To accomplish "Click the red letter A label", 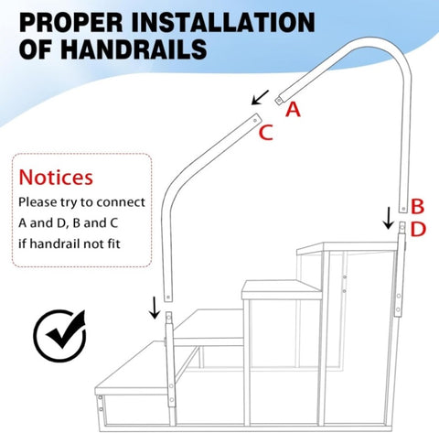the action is coord(293,110).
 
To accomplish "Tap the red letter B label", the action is coord(417,206).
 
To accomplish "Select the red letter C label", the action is coord(265,133).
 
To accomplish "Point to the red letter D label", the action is coord(418,230).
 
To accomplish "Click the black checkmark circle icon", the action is coord(59,336).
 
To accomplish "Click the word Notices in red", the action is coord(56,178).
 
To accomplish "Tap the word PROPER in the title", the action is coord(71,22).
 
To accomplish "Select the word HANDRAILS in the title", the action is coord(134,49).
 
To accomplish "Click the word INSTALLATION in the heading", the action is coord(223,22).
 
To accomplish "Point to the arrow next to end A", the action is coord(260,97).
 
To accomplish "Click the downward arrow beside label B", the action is coord(389,218).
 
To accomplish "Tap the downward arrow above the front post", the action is coord(155,308).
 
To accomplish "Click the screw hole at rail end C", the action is coord(255,121).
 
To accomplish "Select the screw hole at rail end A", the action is coord(279,100).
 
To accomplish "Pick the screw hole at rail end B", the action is coord(403,209).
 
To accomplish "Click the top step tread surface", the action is coord(348,247).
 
